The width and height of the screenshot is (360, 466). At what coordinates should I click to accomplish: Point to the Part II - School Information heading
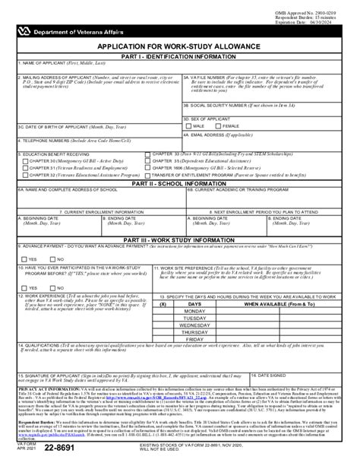[x=180, y=183]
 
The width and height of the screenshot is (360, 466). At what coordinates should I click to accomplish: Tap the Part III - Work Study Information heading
[x=180, y=239]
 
